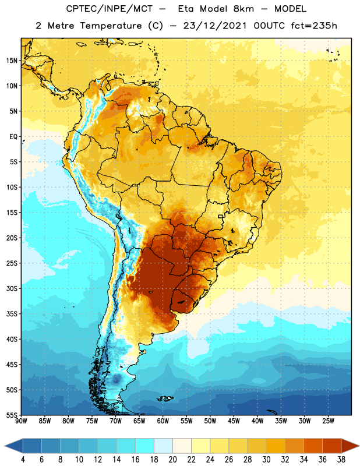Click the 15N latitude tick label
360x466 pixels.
pos(12,61)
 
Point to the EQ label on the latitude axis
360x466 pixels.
pos(13,137)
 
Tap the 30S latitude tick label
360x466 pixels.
pos(12,288)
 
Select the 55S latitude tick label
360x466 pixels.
pos(12,415)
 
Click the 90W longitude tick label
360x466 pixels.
pos(21,421)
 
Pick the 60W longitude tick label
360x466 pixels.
pos(163,421)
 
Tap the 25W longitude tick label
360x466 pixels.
pos(328,421)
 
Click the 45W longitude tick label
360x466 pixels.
pos(234,421)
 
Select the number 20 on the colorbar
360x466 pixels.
pos(172,460)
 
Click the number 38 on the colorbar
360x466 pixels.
pos(341,460)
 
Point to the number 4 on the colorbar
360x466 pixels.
pos(23,460)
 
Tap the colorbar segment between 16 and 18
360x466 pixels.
pos(145,446)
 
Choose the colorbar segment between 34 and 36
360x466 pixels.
pos(313,446)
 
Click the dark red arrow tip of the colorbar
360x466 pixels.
pos(358,446)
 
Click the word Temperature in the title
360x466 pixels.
pos(111,26)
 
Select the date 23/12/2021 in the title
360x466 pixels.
pos(214,26)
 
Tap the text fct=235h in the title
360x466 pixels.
pos(314,26)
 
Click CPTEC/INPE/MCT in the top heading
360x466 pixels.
pos(109,9)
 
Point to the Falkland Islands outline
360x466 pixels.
pos(165,398)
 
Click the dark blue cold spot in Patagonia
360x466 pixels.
pos(117,380)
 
